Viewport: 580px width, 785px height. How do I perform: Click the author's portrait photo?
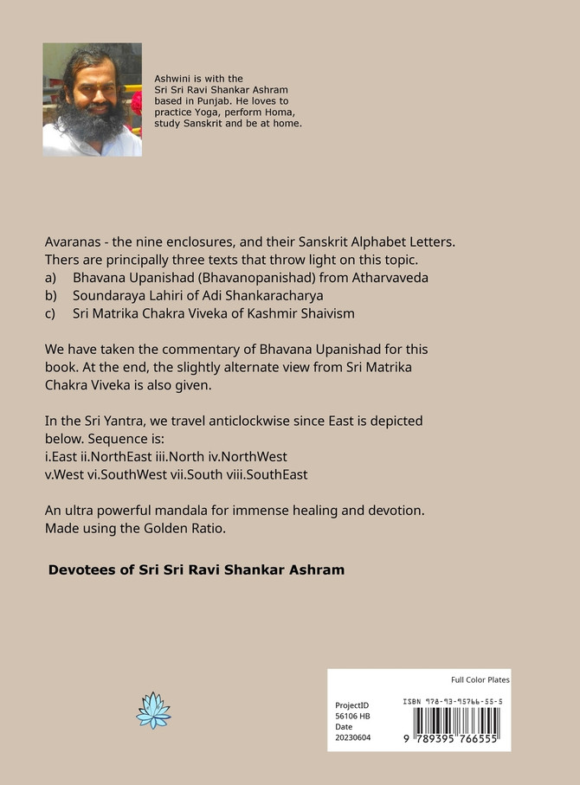coord(92,100)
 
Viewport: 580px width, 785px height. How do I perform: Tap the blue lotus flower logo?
coord(153,710)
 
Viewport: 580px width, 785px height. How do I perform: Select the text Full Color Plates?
coord(480,679)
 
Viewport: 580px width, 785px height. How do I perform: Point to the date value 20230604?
coord(352,738)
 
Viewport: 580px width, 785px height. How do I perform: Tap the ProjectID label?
coord(351,705)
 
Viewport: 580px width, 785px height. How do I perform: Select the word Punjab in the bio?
coord(223,101)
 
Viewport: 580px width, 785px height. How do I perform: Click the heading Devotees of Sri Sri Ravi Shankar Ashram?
coord(197,569)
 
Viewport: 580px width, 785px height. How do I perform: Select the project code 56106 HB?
coord(352,717)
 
